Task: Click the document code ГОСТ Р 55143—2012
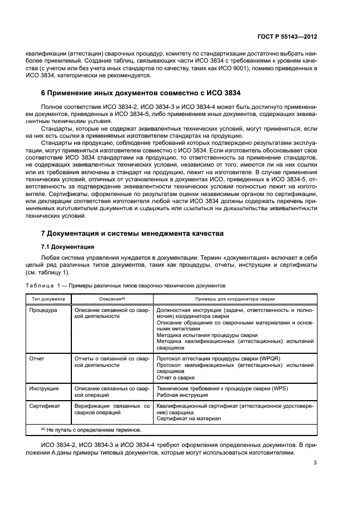(x=288, y=35)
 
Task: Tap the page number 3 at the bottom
(x=315, y=463)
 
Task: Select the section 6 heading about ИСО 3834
(x=141, y=93)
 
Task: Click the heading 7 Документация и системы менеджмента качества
(x=132, y=234)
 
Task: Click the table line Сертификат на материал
(x=188, y=419)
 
